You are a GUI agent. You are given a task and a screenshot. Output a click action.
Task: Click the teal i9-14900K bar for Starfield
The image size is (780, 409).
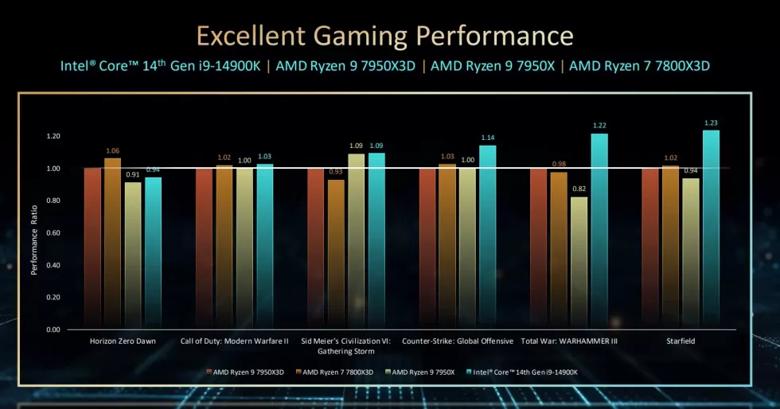pos(711,231)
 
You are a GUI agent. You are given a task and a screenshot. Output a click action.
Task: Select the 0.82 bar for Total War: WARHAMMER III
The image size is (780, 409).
pos(579,263)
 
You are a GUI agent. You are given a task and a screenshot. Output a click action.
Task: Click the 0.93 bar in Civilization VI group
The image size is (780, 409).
pos(336,255)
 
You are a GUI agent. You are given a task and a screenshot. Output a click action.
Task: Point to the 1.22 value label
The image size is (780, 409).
pos(599,126)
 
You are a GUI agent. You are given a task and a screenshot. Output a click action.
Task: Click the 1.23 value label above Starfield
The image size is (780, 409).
pos(711,123)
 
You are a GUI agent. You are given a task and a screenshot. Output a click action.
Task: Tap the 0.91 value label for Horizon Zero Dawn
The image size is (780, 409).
pos(133,175)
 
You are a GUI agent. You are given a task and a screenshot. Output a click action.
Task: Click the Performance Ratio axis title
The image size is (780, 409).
pos(34,239)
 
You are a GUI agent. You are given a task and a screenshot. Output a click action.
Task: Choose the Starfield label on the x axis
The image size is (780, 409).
pos(681,341)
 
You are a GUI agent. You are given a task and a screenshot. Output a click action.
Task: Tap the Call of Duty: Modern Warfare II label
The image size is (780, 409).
pos(240,341)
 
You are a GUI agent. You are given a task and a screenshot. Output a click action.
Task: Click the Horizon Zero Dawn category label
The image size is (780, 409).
pos(123,341)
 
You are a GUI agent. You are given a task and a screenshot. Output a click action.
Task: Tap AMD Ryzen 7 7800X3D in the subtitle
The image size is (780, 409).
pos(640,65)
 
